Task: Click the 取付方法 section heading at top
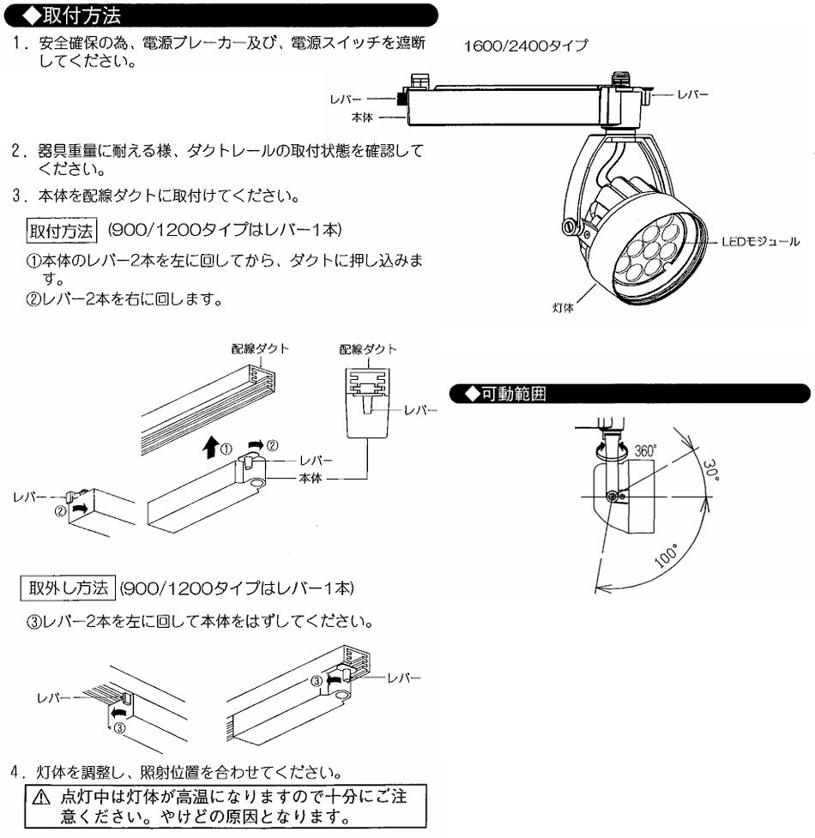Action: pyautogui.click(x=81, y=15)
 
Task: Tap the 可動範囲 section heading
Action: pyautogui.click(x=514, y=394)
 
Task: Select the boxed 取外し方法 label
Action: pyautogui.click(x=68, y=588)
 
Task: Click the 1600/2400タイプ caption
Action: pyautogui.click(x=526, y=45)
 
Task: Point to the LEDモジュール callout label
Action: pyautogui.click(x=760, y=242)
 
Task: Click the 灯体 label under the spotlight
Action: pyautogui.click(x=563, y=307)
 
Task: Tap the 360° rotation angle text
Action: pyautogui.click(x=645, y=450)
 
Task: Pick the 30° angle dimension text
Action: pyautogui.click(x=710, y=470)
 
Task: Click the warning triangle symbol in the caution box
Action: pyautogui.click(x=41, y=799)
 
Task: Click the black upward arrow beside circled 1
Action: pyautogui.click(x=211, y=447)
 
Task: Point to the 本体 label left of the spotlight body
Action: pyautogui.click(x=362, y=117)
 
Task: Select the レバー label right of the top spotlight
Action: pyautogui.click(x=692, y=94)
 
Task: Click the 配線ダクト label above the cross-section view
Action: pyautogui.click(x=368, y=349)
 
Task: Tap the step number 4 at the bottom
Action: pyautogui.click(x=16, y=772)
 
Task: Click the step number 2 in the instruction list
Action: pyautogui.click(x=17, y=151)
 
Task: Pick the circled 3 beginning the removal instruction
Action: pyautogui.click(x=33, y=622)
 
